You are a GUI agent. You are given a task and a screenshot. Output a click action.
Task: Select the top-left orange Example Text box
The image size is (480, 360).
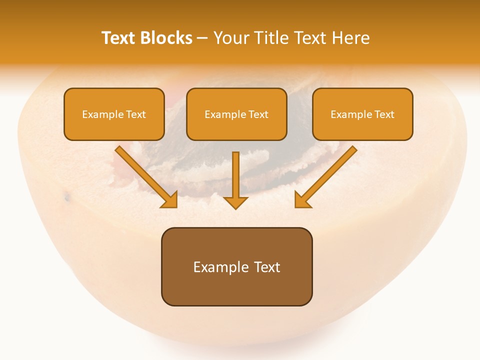click(x=114, y=114)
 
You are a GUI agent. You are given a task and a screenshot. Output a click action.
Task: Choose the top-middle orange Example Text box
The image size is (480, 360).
click(x=236, y=114)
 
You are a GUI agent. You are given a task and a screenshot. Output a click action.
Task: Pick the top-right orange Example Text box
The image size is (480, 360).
click(x=362, y=114)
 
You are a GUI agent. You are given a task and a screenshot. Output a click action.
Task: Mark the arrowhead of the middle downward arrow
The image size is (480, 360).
click(x=235, y=202)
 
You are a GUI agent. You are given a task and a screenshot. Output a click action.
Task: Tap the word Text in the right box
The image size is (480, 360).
click(x=384, y=114)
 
